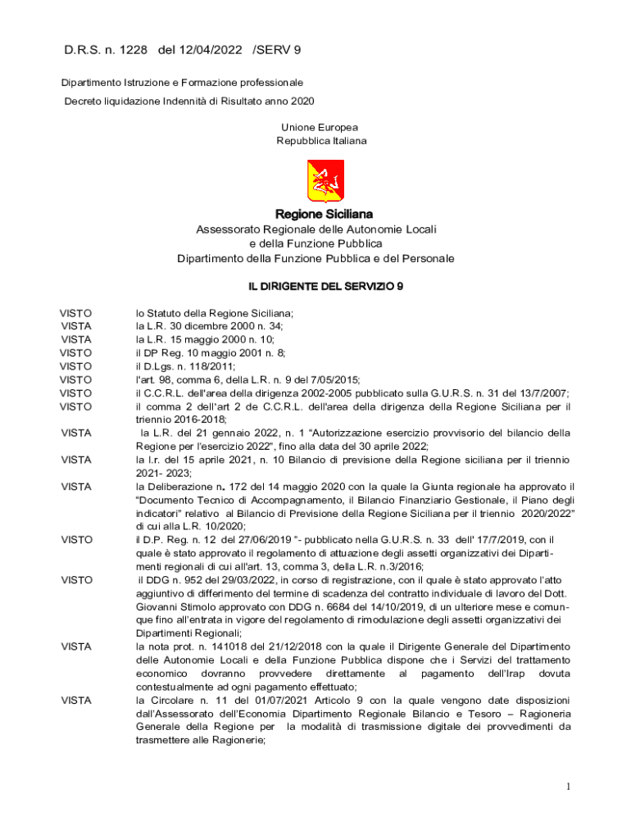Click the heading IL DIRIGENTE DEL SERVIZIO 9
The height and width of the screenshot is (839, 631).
click(315, 286)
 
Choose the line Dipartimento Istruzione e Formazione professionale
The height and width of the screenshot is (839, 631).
click(183, 83)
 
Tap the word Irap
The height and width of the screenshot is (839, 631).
click(508, 673)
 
